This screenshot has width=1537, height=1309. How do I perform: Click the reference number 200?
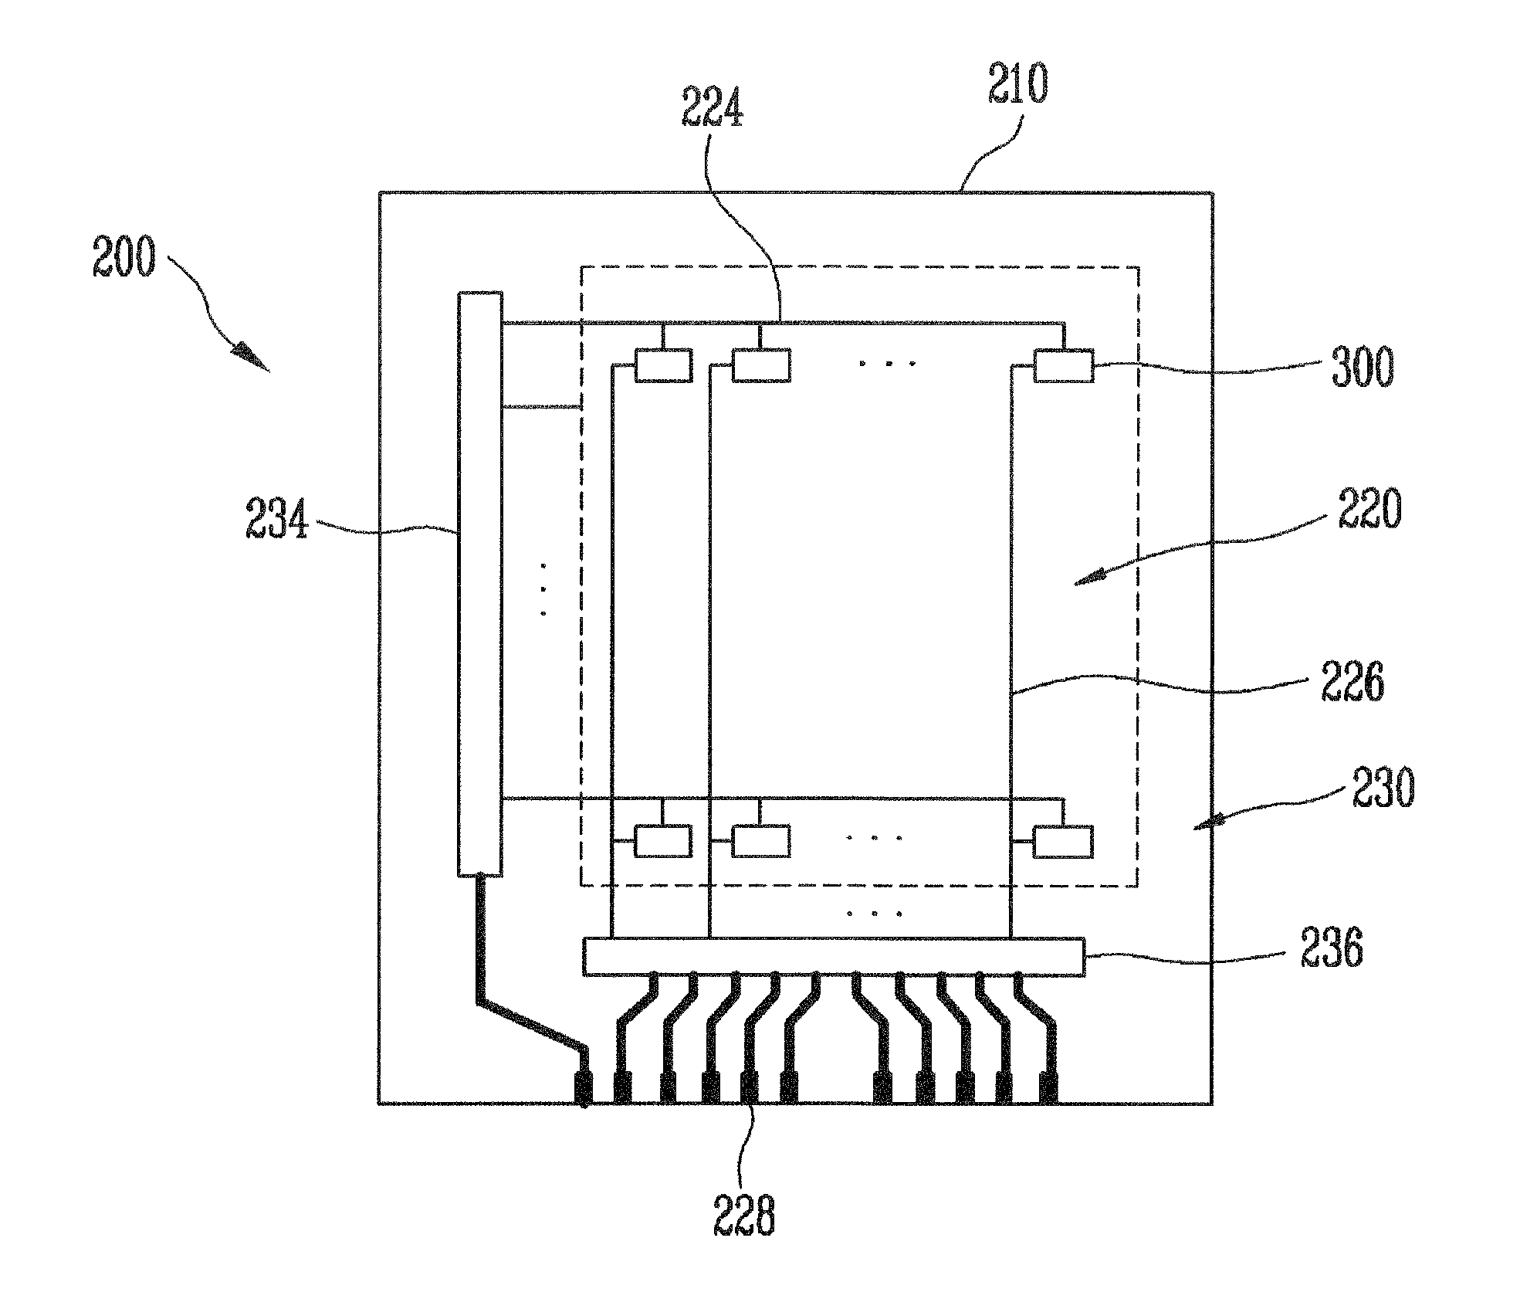click(x=124, y=256)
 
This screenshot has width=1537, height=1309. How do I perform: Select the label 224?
click(x=713, y=107)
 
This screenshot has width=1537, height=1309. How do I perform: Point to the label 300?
click(x=1363, y=367)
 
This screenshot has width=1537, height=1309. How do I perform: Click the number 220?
click(x=1369, y=509)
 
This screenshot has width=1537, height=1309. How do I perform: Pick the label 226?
click(x=1352, y=682)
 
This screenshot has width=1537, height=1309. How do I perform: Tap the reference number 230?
click(x=1383, y=788)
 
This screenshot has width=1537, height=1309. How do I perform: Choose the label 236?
click(x=1332, y=947)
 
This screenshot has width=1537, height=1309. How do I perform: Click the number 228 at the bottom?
click(x=743, y=1215)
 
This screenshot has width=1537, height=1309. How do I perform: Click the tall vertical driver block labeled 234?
click(x=479, y=584)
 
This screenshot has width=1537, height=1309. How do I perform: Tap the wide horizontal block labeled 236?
click(x=834, y=956)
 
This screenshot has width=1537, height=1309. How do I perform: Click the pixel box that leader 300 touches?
click(x=1064, y=365)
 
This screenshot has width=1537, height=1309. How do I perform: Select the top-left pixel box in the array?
click(x=663, y=365)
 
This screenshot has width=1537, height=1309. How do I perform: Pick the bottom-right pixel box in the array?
click(x=1063, y=842)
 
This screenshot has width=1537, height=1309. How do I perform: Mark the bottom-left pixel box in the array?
click(x=663, y=842)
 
